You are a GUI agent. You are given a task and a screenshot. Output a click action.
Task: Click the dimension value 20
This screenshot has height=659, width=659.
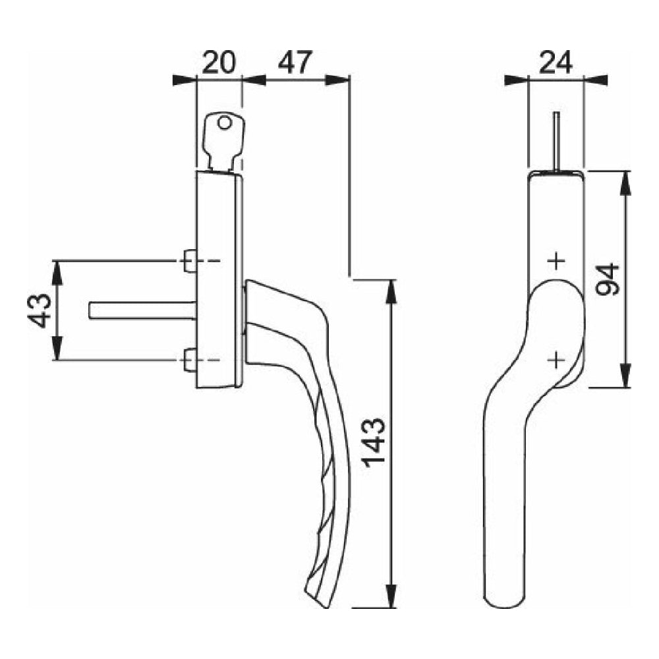click(x=219, y=63)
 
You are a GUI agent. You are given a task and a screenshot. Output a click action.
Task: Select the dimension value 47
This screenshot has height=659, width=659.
click(x=295, y=63)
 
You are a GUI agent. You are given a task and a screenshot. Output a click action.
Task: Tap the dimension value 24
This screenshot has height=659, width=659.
click(x=556, y=63)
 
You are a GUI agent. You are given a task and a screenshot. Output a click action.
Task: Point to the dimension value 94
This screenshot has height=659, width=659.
click(x=608, y=279)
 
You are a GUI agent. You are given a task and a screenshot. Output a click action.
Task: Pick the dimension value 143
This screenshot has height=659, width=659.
click(x=374, y=443)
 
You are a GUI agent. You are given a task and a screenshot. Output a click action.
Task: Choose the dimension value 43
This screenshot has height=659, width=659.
click(x=40, y=310)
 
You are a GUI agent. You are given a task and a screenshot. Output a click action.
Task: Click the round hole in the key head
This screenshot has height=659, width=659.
click(x=225, y=123)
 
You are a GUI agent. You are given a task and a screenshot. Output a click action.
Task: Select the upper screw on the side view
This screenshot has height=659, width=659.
click(x=190, y=261)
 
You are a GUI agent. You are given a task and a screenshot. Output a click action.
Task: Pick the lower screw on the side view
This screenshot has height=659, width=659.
click(x=190, y=360)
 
